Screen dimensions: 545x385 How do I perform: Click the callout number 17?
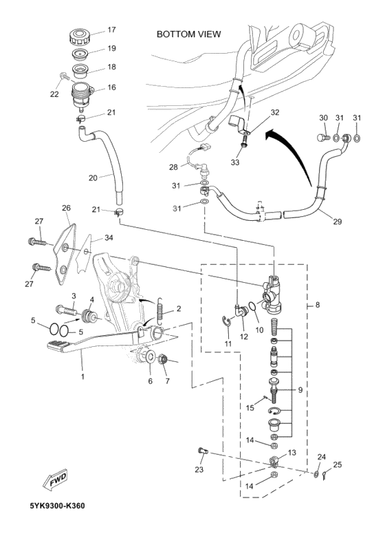click(111, 30)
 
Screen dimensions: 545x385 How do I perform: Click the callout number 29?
click(338, 222)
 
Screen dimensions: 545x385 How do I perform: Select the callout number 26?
click(66, 208)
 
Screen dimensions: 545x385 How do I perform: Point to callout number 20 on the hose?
click(93, 177)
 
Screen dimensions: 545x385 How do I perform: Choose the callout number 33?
click(234, 163)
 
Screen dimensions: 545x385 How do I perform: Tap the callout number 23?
click(199, 470)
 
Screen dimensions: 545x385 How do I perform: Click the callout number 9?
click(300, 390)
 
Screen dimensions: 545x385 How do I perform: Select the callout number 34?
click(109, 238)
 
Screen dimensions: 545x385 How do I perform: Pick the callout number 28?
click(174, 167)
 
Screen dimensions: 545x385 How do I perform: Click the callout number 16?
click(111, 87)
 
